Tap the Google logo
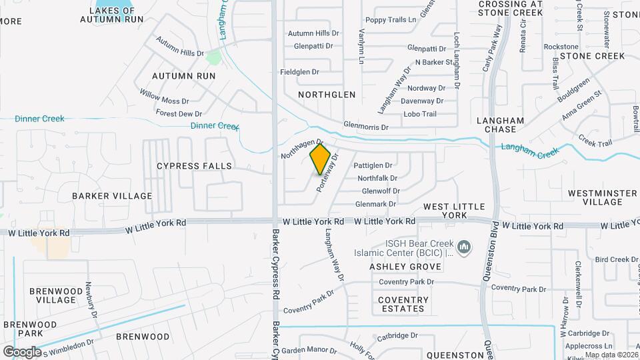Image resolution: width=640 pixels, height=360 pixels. click(x=22, y=351)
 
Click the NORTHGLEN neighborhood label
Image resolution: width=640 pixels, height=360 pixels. click(x=327, y=95)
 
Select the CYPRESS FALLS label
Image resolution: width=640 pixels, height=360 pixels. click(x=194, y=165)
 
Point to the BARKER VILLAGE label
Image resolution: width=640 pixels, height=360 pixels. click(x=112, y=196)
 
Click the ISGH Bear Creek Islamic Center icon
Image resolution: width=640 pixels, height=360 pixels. click(x=465, y=249)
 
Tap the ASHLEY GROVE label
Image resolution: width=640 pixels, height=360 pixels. click(x=405, y=267)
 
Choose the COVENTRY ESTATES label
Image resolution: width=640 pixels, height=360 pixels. click(x=403, y=304)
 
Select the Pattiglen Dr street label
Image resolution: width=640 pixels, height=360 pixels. click(x=373, y=165)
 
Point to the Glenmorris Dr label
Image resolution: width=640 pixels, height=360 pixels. click(x=365, y=125)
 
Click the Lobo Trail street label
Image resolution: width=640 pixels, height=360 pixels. click(x=419, y=114)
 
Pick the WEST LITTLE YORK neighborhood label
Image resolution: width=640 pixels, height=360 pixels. click(x=454, y=211)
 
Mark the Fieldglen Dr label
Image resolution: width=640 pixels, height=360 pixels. click(x=299, y=71)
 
